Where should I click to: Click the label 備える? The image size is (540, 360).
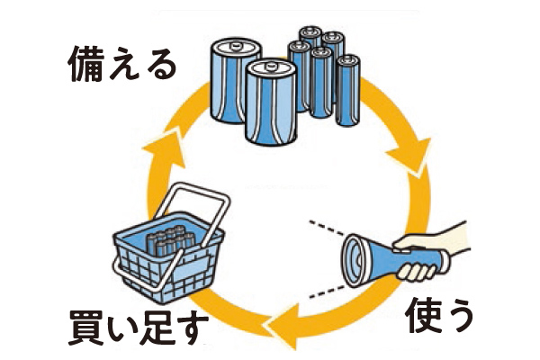(121, 64)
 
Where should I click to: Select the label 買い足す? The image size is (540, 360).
(132, 328)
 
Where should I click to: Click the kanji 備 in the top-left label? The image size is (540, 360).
(87, 64)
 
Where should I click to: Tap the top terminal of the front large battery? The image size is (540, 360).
(269, 67)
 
